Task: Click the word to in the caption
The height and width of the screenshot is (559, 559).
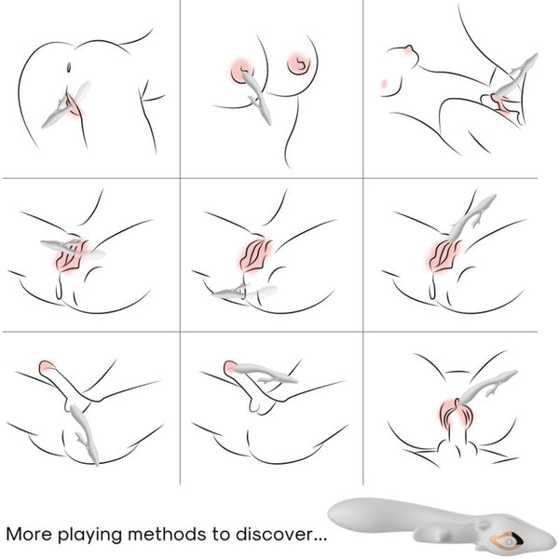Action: point(221,534)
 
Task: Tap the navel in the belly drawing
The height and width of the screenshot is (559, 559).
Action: point(69,67)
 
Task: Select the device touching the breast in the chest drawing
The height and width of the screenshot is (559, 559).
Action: point(257,97)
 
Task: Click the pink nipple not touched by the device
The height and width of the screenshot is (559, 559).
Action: point(298,64)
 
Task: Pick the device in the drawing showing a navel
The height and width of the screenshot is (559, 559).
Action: point(66,105)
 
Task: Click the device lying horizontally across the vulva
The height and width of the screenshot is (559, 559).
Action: point(73,249)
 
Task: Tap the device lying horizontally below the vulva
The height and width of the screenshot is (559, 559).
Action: point(244,292)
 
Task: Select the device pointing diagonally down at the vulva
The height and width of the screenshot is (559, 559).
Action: point(470,217)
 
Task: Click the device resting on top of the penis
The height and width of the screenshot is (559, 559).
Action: point(265,372)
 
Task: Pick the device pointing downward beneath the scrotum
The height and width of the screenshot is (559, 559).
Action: point(84,433)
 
